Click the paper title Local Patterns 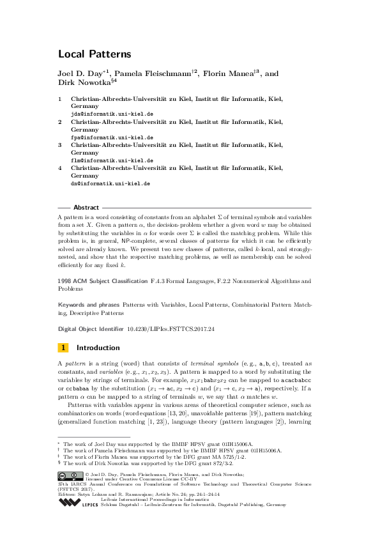(95, 54)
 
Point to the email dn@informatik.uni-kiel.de (110, 183)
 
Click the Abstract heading (86, 208)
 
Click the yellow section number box (63, 348)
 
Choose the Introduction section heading (98, 348)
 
